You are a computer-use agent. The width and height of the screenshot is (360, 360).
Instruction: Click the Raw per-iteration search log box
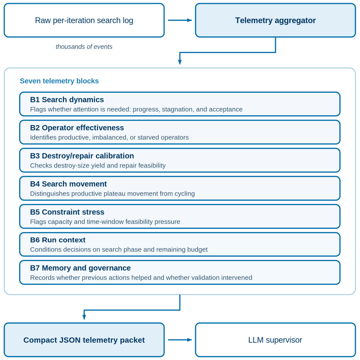84,20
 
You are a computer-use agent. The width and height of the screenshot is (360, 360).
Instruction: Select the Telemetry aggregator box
275,20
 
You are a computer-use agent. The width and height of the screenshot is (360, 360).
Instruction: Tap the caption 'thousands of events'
84,47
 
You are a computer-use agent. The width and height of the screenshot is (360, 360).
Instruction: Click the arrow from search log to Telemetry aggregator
180,20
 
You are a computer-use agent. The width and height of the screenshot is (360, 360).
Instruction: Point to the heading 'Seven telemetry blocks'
59,81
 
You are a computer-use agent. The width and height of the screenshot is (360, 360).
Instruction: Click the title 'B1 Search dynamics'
67,100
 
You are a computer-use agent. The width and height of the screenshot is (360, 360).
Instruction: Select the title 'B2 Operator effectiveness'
77,128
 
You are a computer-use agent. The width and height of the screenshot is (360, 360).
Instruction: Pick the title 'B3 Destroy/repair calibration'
82,156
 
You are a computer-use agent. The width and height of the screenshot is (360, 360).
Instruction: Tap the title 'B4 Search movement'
68,184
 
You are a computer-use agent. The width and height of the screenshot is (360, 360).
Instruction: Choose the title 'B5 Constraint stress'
67,212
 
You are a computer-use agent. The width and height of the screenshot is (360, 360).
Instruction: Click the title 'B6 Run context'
58,240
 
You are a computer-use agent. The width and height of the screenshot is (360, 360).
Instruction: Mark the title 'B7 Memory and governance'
80,268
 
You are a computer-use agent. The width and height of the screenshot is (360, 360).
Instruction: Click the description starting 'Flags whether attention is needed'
136,109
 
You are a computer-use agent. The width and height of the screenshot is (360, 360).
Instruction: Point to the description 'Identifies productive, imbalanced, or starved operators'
109,137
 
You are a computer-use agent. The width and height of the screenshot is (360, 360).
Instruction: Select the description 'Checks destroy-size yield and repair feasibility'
98,166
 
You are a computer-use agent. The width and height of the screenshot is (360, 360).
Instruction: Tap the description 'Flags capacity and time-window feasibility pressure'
105,222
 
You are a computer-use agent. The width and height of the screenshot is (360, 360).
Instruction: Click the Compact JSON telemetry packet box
84,340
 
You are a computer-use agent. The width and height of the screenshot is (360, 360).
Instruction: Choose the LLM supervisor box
275,340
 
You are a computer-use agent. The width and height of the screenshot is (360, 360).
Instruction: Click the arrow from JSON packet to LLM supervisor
180,340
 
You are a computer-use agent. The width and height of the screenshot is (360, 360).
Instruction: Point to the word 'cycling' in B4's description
185,194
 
